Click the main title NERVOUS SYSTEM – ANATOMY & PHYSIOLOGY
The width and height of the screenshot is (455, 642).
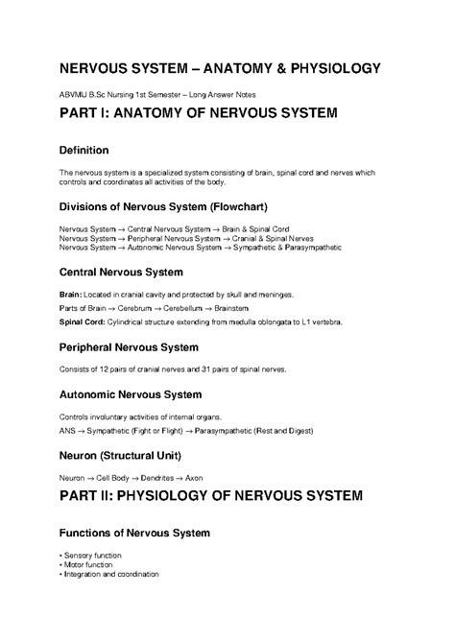coord(220,69)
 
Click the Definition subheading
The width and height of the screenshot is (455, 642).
coord(84,151)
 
